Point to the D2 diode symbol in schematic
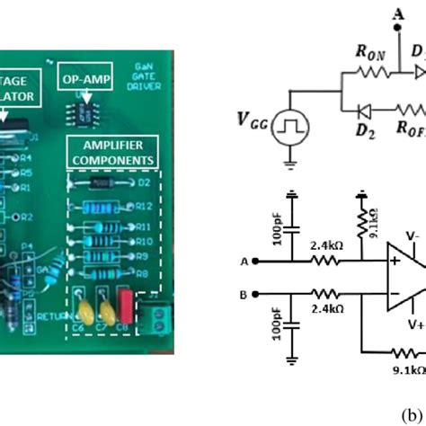click(363, 138)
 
